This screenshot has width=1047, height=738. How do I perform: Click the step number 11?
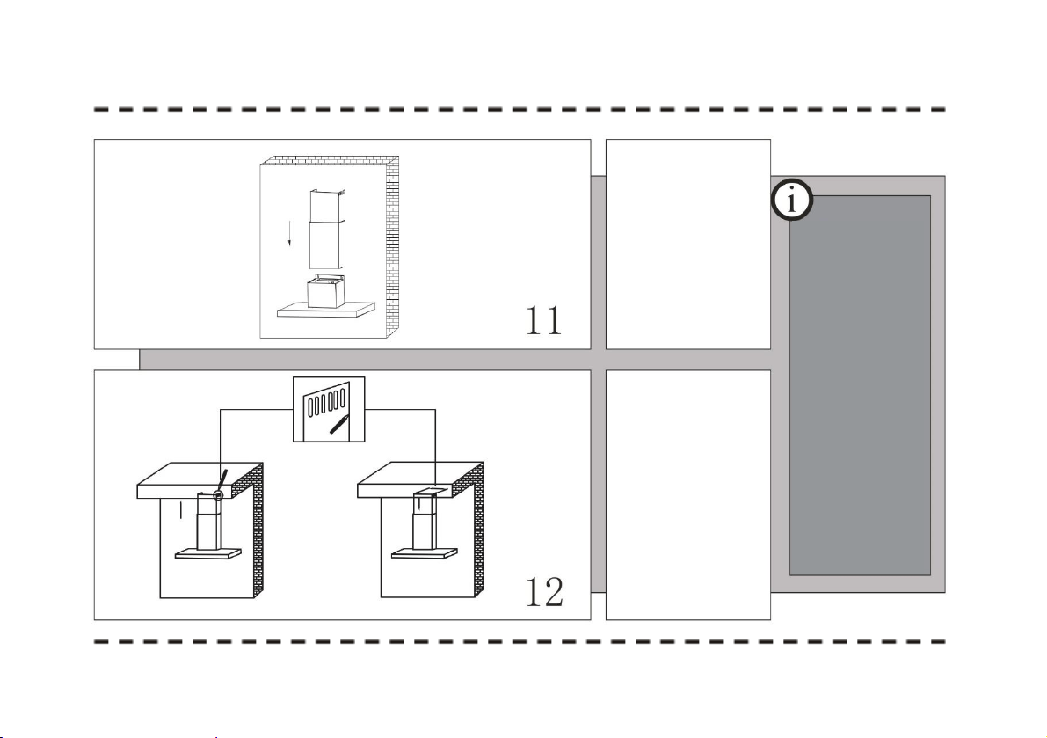click(544, 320)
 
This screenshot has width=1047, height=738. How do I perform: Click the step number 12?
click(544, 592)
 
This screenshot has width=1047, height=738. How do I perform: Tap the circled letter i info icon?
click(792, 200)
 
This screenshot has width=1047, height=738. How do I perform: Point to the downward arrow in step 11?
click(289, 233)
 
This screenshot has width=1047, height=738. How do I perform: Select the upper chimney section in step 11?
click(328, 206)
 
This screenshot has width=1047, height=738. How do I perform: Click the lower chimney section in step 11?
click(326, 245)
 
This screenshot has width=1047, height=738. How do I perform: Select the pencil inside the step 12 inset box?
click(339, 423)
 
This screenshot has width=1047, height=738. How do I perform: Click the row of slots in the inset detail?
click(325, 403)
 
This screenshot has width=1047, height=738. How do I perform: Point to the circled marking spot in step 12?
click(217, 495)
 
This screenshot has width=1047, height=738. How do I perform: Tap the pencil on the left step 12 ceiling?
click(222, 480)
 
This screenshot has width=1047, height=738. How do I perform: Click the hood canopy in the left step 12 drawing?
click(207, 553)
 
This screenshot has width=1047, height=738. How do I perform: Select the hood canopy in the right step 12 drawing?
click(425, 553)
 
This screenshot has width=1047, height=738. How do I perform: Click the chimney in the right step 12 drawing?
click(425, 521)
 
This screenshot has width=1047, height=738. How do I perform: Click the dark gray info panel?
click(860, 385)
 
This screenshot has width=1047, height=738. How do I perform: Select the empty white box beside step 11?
click(687, 245)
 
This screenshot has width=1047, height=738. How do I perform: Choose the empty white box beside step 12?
click(687, 495)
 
